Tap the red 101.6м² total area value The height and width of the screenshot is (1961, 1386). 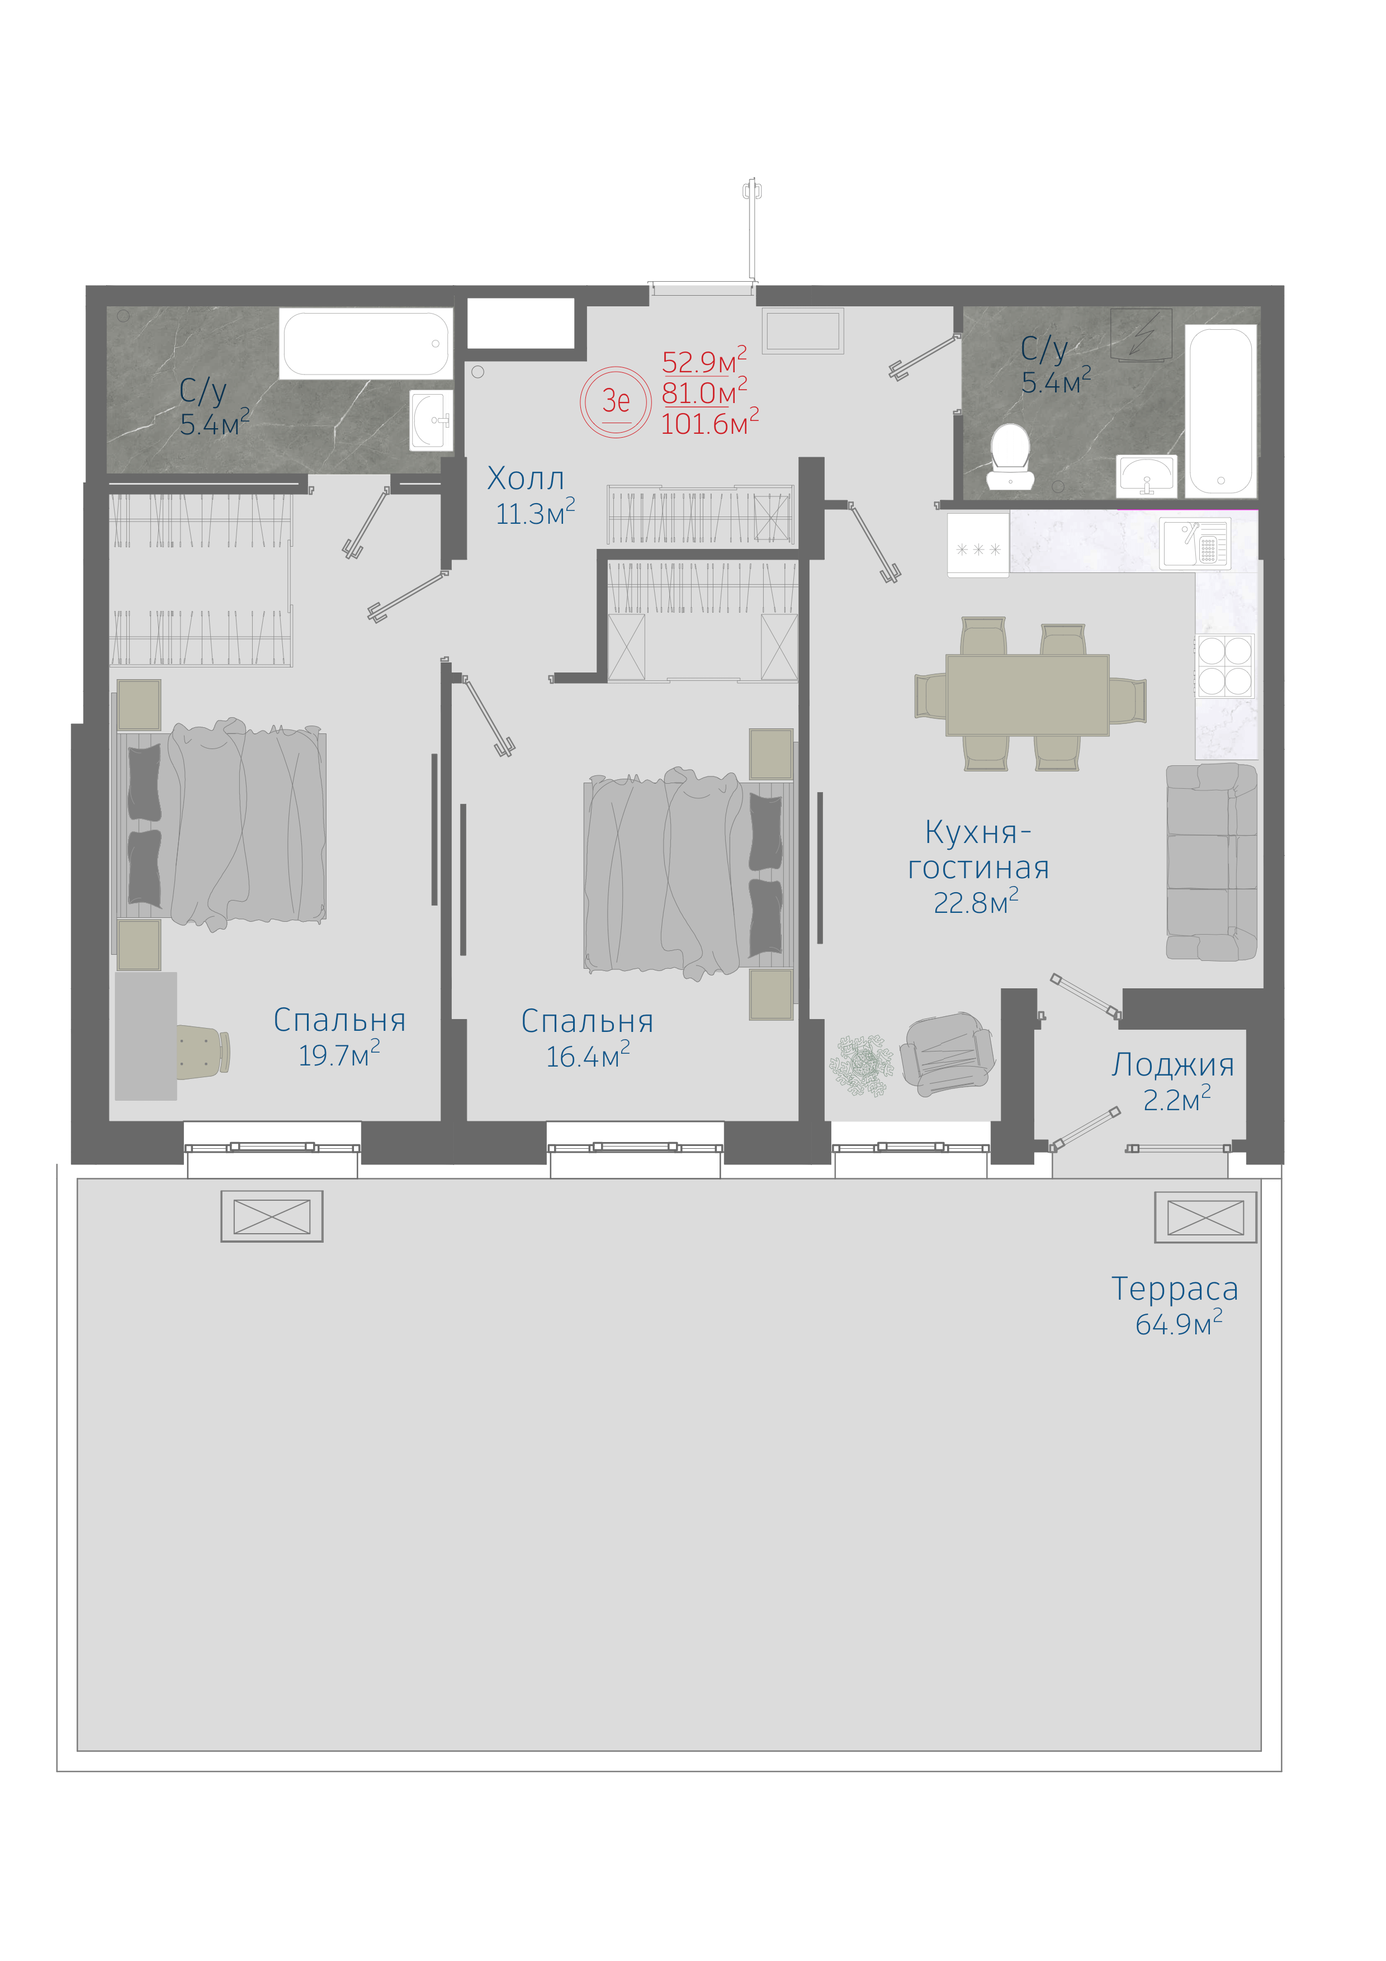[709, 422]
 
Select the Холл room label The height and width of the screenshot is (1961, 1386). [525, 479]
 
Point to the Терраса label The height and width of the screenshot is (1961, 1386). [1174, 1289]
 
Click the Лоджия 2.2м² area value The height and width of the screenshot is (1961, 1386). [1177, 1098]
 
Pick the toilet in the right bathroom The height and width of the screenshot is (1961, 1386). [1010, 457]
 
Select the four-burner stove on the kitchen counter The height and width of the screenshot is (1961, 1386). [1224, 666]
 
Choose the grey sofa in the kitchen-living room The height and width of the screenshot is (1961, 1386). [1212, 863]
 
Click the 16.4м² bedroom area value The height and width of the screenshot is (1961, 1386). [588, 1055]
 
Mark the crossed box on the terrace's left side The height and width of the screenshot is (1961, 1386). [272, 1216]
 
